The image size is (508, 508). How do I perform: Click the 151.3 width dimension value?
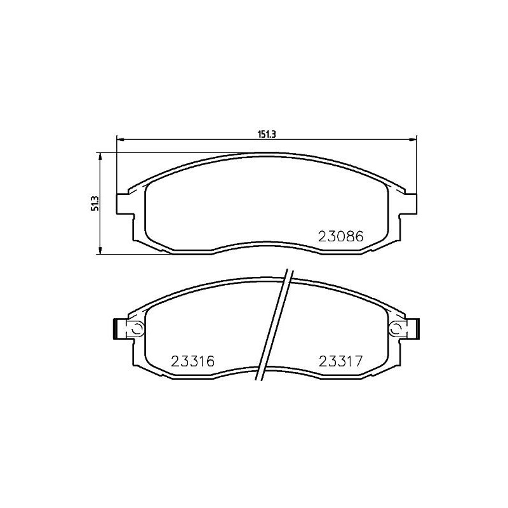[x=267, y=135]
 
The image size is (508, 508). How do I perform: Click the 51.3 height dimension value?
[x=95, y=203]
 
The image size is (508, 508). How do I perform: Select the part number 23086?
[x=341, y=236]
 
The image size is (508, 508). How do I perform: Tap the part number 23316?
[x=193, y=361]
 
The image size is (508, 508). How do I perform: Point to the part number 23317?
[x=340, y=361]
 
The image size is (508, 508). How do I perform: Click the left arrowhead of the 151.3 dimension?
[x=120, y=140]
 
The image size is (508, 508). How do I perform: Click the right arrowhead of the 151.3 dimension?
[x=413, y=140]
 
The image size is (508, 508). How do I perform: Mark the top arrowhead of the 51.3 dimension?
[x=100, y=157]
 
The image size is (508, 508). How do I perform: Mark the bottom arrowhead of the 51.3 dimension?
[x=100, y=250]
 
